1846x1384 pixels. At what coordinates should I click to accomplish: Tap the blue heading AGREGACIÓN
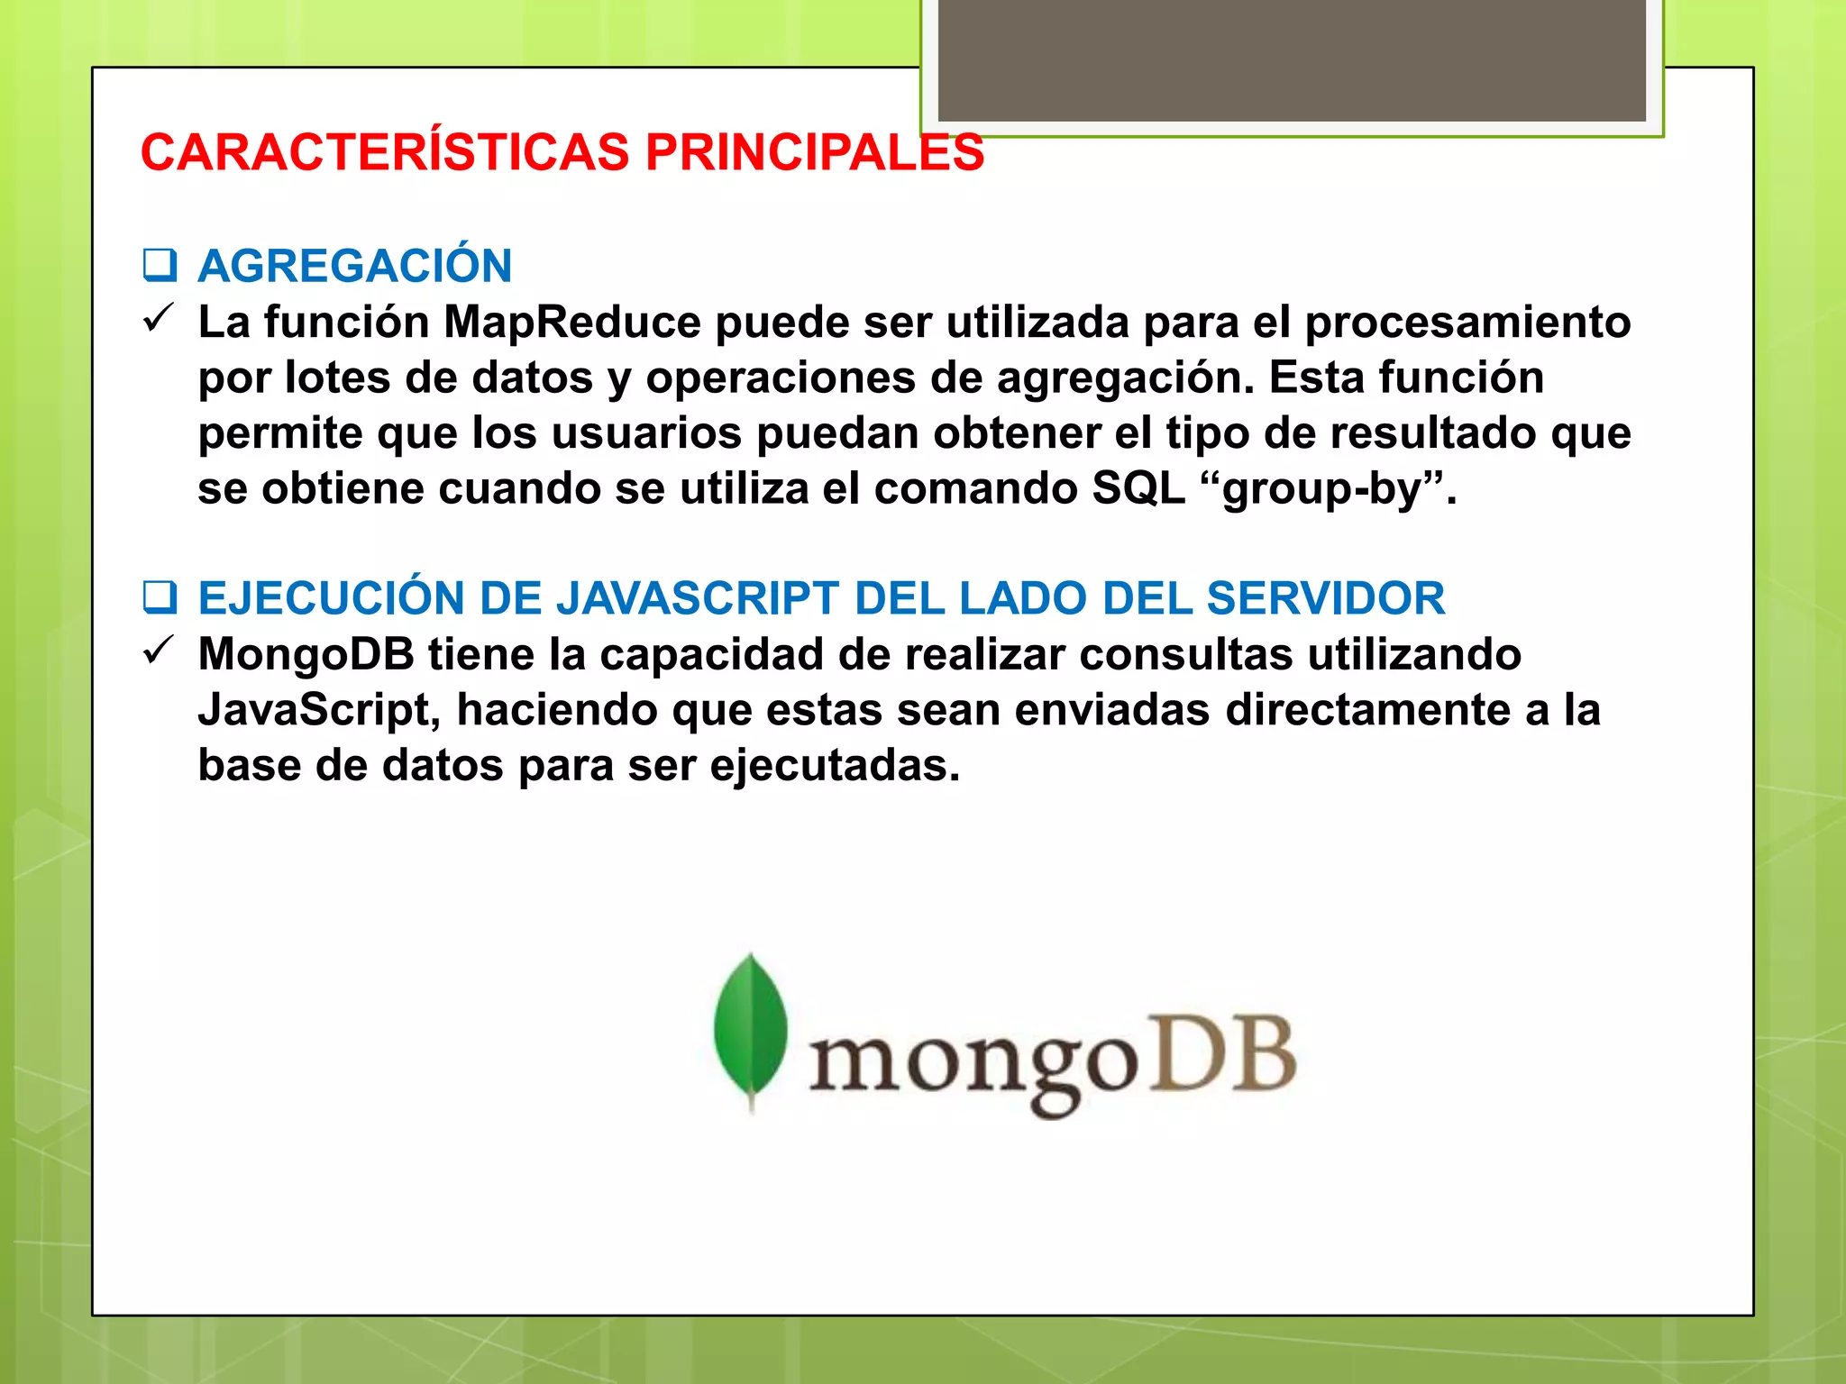tap(355, 266)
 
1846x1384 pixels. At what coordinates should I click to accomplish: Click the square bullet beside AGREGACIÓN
tap(160, 265)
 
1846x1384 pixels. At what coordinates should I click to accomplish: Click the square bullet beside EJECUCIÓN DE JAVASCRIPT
tap(160, 597)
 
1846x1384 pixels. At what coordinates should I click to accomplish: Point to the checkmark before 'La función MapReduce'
tap(158, 319)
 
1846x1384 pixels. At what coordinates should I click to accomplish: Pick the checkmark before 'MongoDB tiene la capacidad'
tap(158, 651)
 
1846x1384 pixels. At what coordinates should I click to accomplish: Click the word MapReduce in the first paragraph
tap(571, 322)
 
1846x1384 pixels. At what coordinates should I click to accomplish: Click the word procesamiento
tap(1467, 322)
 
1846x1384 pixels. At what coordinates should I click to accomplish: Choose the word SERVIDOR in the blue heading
tap(1325, 598)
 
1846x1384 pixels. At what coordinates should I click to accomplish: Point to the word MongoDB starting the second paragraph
tap(306, 654)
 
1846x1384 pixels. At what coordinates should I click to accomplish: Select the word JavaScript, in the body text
tap(319, 710)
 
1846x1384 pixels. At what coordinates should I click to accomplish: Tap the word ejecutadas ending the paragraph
tap(835, 766)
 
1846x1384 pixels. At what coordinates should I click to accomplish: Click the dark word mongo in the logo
tap(973, 1063)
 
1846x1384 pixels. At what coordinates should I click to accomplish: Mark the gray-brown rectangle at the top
tap(1291, 59)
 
